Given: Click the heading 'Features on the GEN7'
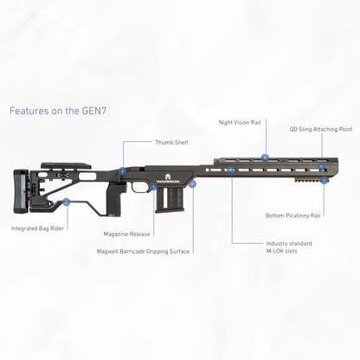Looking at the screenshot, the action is click(58, 111).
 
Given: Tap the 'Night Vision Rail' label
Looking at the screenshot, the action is click(240, 123).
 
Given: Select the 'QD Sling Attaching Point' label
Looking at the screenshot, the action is click(321, 129).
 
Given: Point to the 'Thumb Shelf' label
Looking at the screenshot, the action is click(171, 143).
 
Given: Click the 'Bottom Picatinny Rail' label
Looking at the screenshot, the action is click(292, 215).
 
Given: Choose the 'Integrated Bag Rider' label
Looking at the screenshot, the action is click(37, 228).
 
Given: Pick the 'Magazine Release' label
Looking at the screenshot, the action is click(126, 235).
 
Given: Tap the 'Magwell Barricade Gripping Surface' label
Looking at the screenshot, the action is click(143, 252).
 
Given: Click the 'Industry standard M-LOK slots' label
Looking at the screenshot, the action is click(289, 247).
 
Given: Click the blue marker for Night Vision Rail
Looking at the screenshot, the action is click(265, 157).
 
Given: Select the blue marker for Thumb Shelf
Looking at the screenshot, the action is click(123, 171).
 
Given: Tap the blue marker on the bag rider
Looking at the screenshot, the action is click(67, 202).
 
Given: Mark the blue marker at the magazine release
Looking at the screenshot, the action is click(154, 187).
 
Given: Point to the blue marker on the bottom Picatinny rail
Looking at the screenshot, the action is click(324, 180).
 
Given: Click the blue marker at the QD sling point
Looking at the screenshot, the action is click(321, 166).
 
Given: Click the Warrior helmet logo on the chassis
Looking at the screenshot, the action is click(168, 177).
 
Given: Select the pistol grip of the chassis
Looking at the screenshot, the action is click(117, 199).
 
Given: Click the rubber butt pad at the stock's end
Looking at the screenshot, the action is click(21, 191).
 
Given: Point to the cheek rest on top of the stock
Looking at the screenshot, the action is click(66, 165).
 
